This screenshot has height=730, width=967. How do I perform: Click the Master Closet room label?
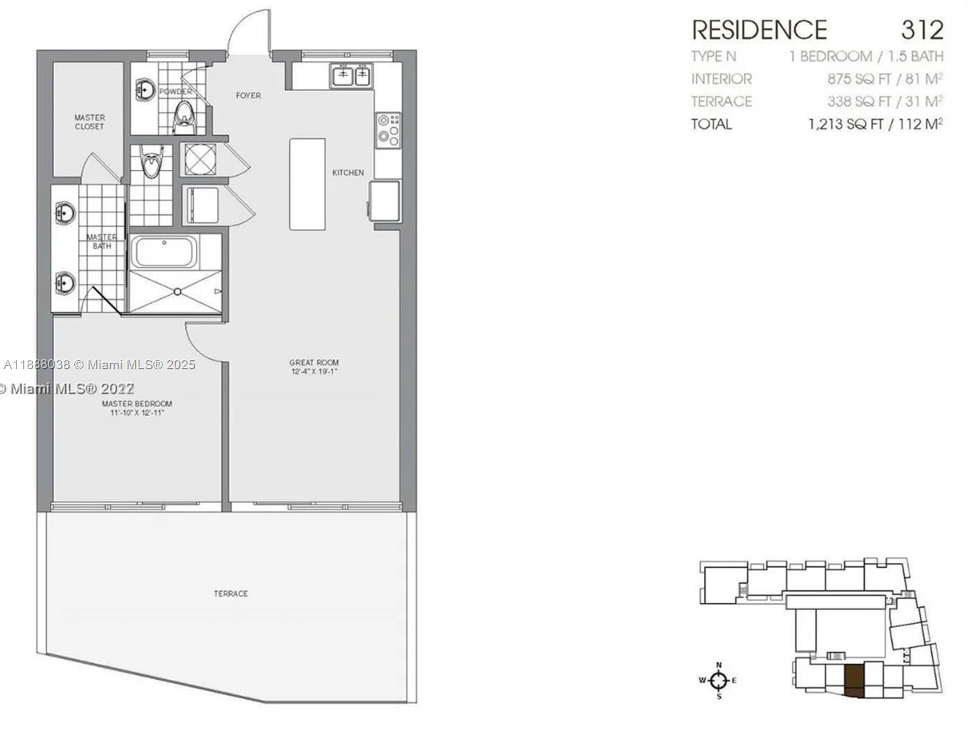(89, 122)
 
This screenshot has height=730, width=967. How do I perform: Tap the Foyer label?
(248, 96)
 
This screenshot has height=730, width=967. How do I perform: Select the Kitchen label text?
(348, 173)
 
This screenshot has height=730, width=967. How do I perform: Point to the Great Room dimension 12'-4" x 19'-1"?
(314, 371)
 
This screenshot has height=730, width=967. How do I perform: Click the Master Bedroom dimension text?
(137, 413)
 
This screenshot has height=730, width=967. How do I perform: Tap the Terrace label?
(230, 593)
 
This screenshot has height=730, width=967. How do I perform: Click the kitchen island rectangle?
(307, 184)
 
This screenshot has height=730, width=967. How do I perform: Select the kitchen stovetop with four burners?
(388, 130)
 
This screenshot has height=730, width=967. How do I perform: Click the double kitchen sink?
(352, 76)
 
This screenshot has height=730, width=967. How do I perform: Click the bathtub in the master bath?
(164, 252)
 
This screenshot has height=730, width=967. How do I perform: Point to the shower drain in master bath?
(177, 291)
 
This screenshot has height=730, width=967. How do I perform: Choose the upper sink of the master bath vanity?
(64, 212)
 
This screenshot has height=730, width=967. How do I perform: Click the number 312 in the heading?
(921, 30)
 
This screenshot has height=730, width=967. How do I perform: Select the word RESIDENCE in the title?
(759, 30)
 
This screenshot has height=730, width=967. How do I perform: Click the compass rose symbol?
(718, 680)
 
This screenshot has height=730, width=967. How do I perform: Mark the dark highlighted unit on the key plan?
(854, 680)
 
